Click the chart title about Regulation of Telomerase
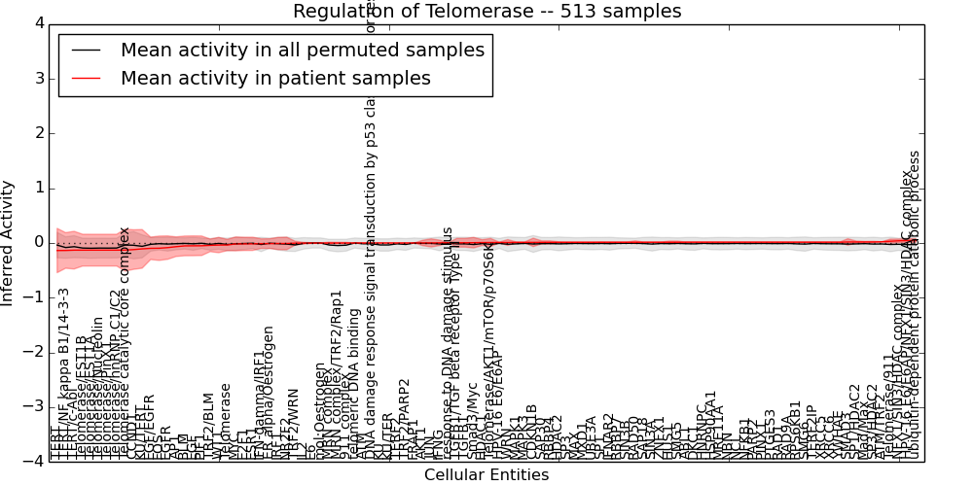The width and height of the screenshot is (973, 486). click(486, 11)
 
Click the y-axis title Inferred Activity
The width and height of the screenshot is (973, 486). click(8, 242)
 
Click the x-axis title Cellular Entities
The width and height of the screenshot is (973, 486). click(486, 474)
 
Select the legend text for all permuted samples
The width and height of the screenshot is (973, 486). click(302, 51)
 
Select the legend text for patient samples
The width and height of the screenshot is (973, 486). click(275, 79)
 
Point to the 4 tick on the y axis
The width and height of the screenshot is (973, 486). click(38, 23)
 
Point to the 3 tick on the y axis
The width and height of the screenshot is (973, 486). click(38, 78)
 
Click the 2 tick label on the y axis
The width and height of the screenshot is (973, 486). click(38, 133)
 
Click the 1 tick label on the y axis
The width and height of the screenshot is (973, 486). click(38, 188)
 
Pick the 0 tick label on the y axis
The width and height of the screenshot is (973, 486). click(38, 242)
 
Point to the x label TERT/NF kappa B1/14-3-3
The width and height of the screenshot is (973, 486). click(64, 374)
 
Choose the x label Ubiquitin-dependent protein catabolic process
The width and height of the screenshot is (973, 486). click(914, 305)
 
